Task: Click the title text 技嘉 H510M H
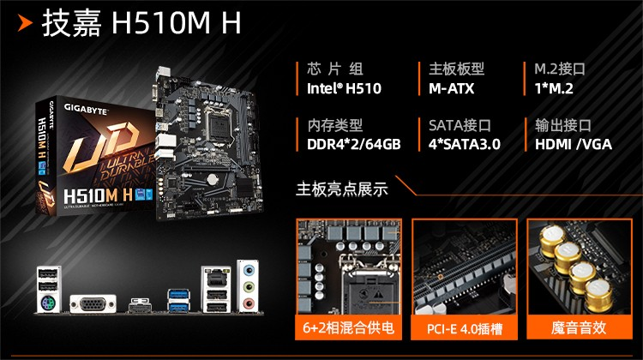pos(142,25)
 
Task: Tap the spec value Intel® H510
pos(344,88)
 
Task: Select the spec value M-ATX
pos(452,88)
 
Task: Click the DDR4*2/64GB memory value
pos(354,144)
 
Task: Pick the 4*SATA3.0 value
pos(464,144)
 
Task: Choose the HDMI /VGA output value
pos(574,144)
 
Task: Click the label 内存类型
pos(335,125)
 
